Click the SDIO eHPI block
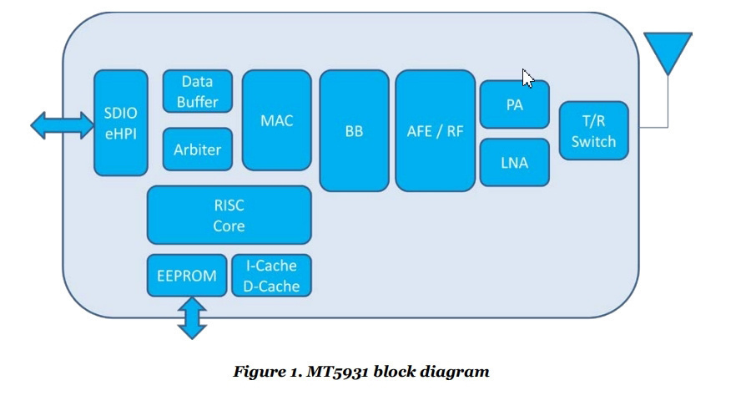120,123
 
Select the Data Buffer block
197,91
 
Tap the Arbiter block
197,150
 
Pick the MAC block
277,120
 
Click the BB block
354,131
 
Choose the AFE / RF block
435,131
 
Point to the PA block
515,104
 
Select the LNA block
515,162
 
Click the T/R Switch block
593,130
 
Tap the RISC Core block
229,215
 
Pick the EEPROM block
187,275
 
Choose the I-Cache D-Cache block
271,275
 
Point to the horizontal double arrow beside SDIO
63,125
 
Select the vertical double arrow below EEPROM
192,318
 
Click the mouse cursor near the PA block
527,78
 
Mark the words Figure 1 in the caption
267,372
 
